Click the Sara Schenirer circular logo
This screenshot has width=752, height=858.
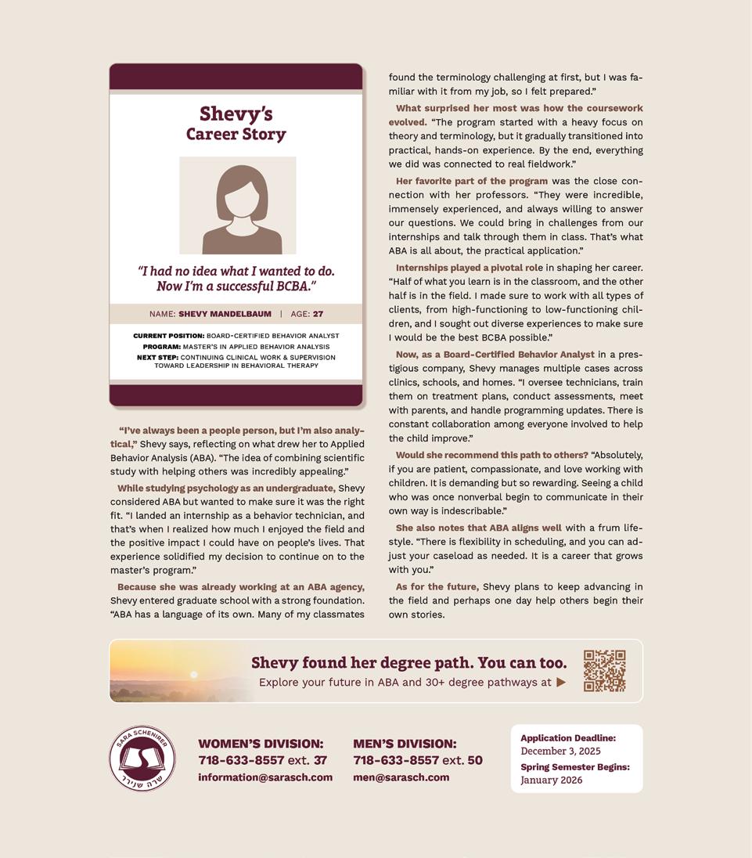click(x=142, y=758)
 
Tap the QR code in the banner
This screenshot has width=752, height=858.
click(x=604, y=671)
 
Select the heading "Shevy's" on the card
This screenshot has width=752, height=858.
click(x=236, y=114)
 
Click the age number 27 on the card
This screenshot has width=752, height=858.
click(x=318, y=314)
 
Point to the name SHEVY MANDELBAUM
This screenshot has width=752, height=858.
click(x=225, y=314)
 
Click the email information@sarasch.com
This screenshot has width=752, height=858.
click(x=265, y=777)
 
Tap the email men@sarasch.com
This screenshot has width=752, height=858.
click(x=401, y=777)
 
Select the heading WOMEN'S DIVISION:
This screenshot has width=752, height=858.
click(x=261, y=744)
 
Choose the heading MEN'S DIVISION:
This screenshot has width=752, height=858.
click(x=405, y=744)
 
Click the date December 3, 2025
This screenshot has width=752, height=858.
click(x=560, y=752)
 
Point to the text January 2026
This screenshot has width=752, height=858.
click(x=551, y=780)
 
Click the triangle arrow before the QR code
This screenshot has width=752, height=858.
click(x=561, y=683)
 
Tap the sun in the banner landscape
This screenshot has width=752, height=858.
click(x=194, y=674)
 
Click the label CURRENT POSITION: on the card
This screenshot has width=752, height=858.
click(x=168, y=336)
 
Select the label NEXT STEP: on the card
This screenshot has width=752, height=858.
click(x=157, y=358)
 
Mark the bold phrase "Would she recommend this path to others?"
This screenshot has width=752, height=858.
click(x=491, y=455)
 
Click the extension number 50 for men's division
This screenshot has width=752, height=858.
click(x=474, y=760)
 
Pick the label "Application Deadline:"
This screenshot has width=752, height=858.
click(x=568, y=738)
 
